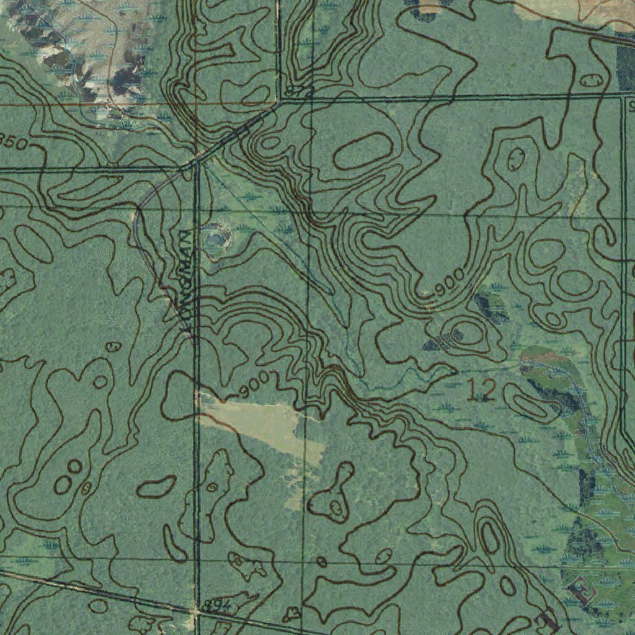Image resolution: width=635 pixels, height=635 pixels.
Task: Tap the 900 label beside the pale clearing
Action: pos(254,385)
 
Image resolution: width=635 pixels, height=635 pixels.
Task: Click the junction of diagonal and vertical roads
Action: pos(195,162)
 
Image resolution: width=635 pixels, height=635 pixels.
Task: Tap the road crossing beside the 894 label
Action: pos(196,610)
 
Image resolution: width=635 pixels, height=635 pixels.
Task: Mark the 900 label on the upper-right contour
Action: pos(450,283)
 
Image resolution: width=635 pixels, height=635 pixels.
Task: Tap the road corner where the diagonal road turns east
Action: pos(280,101)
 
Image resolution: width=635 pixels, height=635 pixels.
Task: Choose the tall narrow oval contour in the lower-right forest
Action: pos(490,537)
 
